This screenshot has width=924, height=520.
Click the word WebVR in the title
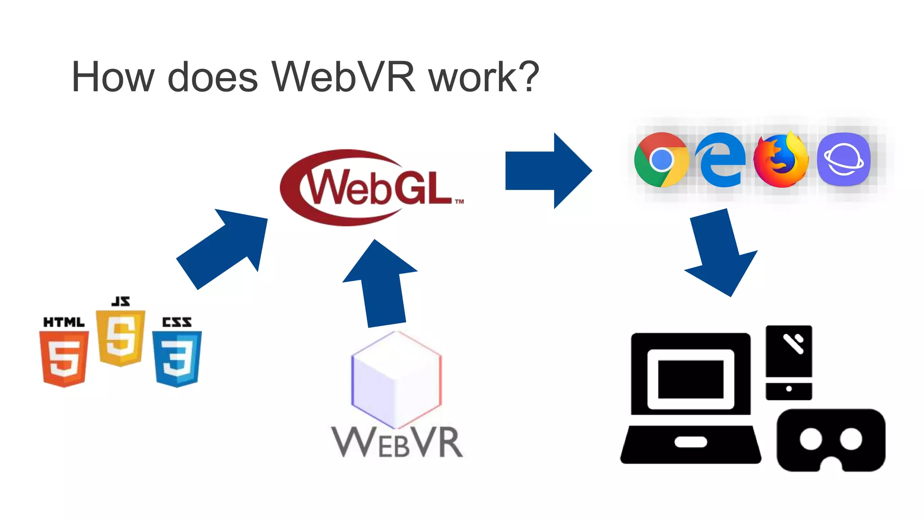coord(343,77)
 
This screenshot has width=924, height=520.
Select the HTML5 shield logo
coord(64,357)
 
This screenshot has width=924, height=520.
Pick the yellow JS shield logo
coord(120,336)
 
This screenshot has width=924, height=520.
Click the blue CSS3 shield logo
coord(177,357)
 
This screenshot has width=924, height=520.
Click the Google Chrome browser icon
coord(661,160)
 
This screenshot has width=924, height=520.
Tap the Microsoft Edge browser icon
coord(721,160)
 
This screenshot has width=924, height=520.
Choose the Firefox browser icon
coord(781,160)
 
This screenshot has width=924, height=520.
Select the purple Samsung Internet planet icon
coord(843,160)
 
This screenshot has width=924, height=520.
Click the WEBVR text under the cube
coord(397,442)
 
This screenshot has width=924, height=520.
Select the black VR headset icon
coord(831,440)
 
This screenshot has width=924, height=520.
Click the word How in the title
coord(113,77)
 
